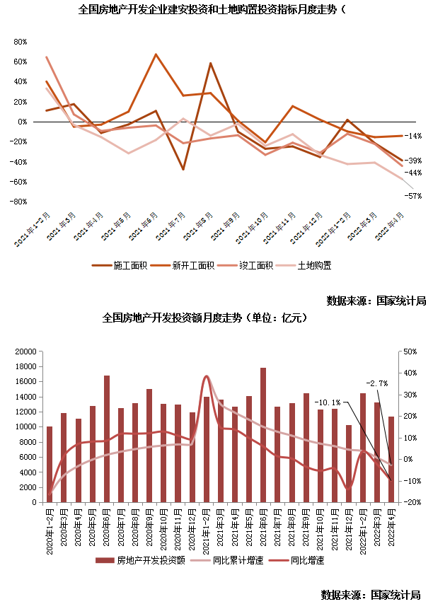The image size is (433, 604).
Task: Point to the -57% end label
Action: [414, 196]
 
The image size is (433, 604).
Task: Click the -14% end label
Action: [414, 136]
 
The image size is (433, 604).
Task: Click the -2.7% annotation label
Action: [376, 383]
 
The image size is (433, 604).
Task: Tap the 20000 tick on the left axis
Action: [25, 352]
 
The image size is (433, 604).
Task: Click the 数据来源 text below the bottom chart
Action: [371, 594]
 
